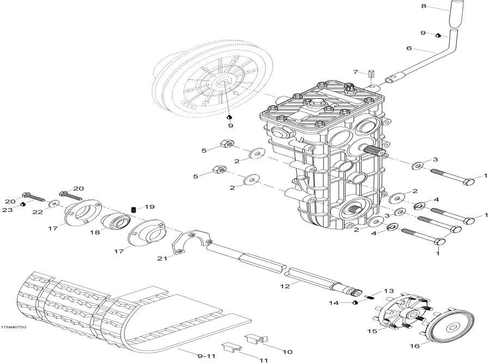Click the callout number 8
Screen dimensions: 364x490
point(424,7)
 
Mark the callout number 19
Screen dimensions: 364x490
point(150,207)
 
